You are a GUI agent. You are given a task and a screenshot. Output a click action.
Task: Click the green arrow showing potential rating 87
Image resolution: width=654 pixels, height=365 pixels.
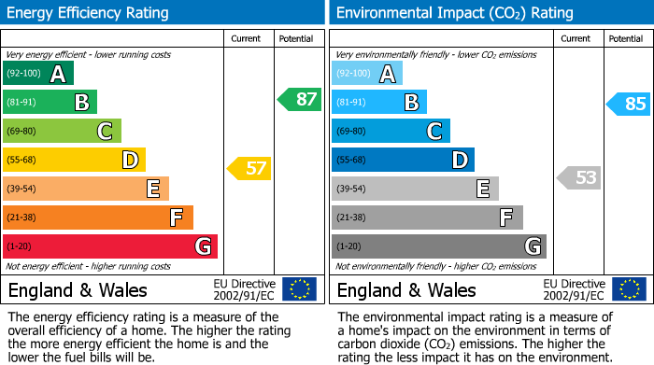coord(299,100)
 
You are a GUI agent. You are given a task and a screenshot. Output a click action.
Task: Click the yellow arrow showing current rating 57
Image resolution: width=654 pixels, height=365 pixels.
coord(249,169)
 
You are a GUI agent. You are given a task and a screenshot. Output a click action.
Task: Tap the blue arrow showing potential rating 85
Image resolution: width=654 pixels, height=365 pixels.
coord(628,104)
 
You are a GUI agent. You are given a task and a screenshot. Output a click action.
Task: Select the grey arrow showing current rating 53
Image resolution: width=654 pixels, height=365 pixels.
coord(578,177)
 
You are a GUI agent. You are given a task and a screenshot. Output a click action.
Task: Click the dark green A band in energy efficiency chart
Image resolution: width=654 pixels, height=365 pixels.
coord(38,74)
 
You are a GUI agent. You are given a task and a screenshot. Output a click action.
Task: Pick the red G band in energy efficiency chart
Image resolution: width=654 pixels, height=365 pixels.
coord(110,246)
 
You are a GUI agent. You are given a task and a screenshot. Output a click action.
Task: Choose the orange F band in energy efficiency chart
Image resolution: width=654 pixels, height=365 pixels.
coord(98,218)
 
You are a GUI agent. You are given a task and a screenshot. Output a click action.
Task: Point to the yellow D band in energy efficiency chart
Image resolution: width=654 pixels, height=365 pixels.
coord(74,160)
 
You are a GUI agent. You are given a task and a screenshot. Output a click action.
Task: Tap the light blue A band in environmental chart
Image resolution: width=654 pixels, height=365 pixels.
coord(367,74)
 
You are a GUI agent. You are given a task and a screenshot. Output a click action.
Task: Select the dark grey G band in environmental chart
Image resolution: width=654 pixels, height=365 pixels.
coord(438,246)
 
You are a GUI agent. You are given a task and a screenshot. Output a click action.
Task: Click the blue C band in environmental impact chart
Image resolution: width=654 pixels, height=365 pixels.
coord(391,131)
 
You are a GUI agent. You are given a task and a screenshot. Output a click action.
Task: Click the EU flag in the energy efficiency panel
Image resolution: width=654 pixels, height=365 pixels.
coord(299,289)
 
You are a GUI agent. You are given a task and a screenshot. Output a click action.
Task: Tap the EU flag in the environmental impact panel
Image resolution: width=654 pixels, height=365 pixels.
coord(628,289)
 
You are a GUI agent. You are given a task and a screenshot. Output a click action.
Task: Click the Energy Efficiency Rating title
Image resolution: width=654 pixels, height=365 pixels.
coord(89,13)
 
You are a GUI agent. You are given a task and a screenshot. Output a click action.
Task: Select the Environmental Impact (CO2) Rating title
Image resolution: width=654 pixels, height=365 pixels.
coord(454,13)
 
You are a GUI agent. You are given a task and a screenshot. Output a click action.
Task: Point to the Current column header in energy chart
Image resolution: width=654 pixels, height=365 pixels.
coord(248,38)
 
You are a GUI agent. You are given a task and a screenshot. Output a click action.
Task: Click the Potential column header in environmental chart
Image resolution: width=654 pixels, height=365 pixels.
coord(625,38)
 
